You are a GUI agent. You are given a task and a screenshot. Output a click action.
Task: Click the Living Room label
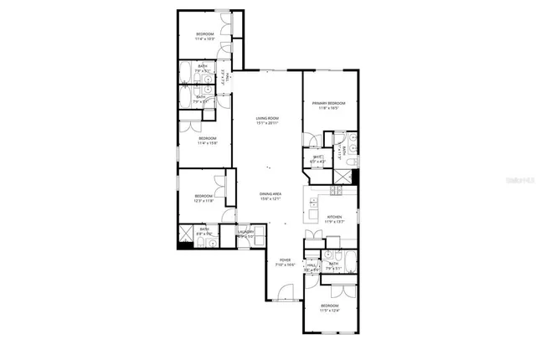[x=267, y=118]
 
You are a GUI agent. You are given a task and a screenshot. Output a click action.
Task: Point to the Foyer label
[x=285, y=260]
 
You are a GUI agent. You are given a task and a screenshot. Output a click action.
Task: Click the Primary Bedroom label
[x=329, y=103]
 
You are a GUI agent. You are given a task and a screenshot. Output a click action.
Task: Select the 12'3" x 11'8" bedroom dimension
[x=204, y=201]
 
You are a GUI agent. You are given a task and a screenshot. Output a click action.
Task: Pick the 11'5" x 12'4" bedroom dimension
[x=331, y=311]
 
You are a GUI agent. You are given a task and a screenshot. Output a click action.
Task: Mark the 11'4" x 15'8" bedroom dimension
[x=207, y=143]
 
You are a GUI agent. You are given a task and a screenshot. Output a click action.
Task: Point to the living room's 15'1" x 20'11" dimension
[x=267, y=123]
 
